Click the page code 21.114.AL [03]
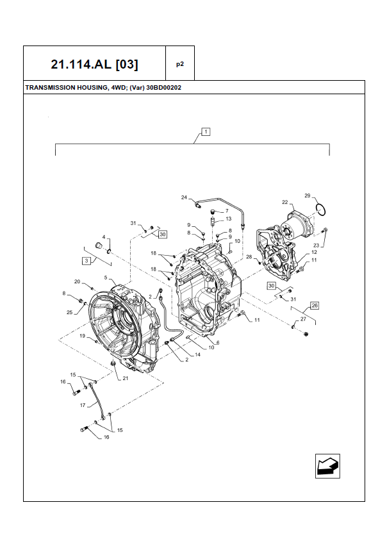(x=94, y=64)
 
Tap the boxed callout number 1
(x=206, y=132)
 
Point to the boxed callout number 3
(x=85, y=260)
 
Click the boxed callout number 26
(x=314, y=305)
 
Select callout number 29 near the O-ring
(x=307, y=195)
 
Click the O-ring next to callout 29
(x=322, y=208)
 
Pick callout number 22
(x=285, y=203)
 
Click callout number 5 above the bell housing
(x=106, y=278)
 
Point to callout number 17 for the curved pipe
(x=83, y=405)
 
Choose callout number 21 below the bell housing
(x=126, y=379)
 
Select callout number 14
(x=197, y=354)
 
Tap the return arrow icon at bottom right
(x=327, y=465)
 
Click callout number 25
(x=70, y=312)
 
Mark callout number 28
(x=250, y=257)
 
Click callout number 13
(x=228, y=219)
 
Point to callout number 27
(x=303, y=319)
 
